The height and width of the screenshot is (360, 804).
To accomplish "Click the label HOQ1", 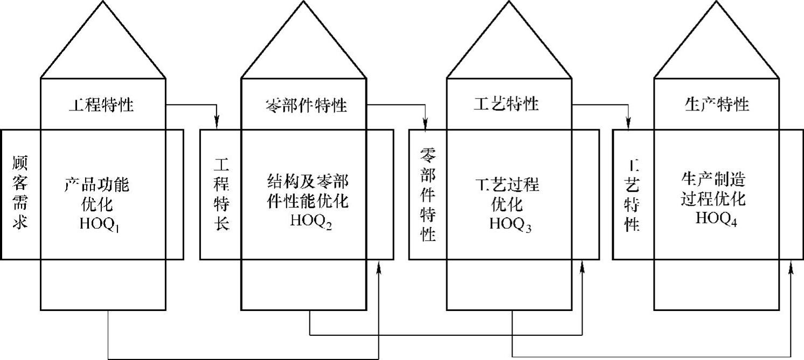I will (x=100, y=224).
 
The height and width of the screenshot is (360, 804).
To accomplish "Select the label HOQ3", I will (x=510, y=224).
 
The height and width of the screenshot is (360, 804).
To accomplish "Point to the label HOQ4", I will (x=716, y=219).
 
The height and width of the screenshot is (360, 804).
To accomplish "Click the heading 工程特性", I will (x=101, y=105).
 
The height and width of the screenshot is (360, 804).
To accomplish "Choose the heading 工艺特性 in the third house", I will (x=506, y=104).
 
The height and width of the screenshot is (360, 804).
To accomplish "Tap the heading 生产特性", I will (x=717, y=104).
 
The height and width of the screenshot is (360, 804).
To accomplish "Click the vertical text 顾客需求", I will (x=19, y=192).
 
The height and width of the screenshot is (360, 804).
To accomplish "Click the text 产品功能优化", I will (x=97, y=195).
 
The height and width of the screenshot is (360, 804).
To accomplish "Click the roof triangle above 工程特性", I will (x=103, y=46).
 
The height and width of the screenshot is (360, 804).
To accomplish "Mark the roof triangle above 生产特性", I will (x=717, y=46).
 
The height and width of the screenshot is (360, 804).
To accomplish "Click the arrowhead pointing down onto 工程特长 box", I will (x=217, y=124).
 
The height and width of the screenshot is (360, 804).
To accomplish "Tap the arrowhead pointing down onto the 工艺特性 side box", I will (x=628, y=124).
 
